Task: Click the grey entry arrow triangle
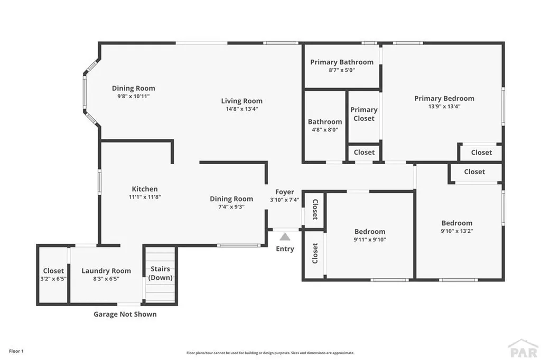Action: [285, 237]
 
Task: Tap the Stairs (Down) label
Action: [160, 273]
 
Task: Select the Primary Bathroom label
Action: [341, 62]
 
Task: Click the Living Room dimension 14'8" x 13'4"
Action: [241, 109]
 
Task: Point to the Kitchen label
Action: [144, 189]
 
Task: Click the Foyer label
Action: [285, 192]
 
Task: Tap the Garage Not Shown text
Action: [125, 314]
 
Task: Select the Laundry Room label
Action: [106, 271]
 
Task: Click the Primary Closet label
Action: [363, 114]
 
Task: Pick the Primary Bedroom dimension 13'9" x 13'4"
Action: [444, 106]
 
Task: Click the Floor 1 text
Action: [15, 351]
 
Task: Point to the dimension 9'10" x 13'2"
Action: [457, 231]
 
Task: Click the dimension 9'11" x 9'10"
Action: [369, 239]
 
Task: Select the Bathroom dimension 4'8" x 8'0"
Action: [324, 129]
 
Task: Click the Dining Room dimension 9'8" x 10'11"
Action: [133, 97]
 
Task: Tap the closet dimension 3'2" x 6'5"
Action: [53, 279]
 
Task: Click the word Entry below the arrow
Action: [285, 249]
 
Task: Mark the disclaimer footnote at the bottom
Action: [270, 353]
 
